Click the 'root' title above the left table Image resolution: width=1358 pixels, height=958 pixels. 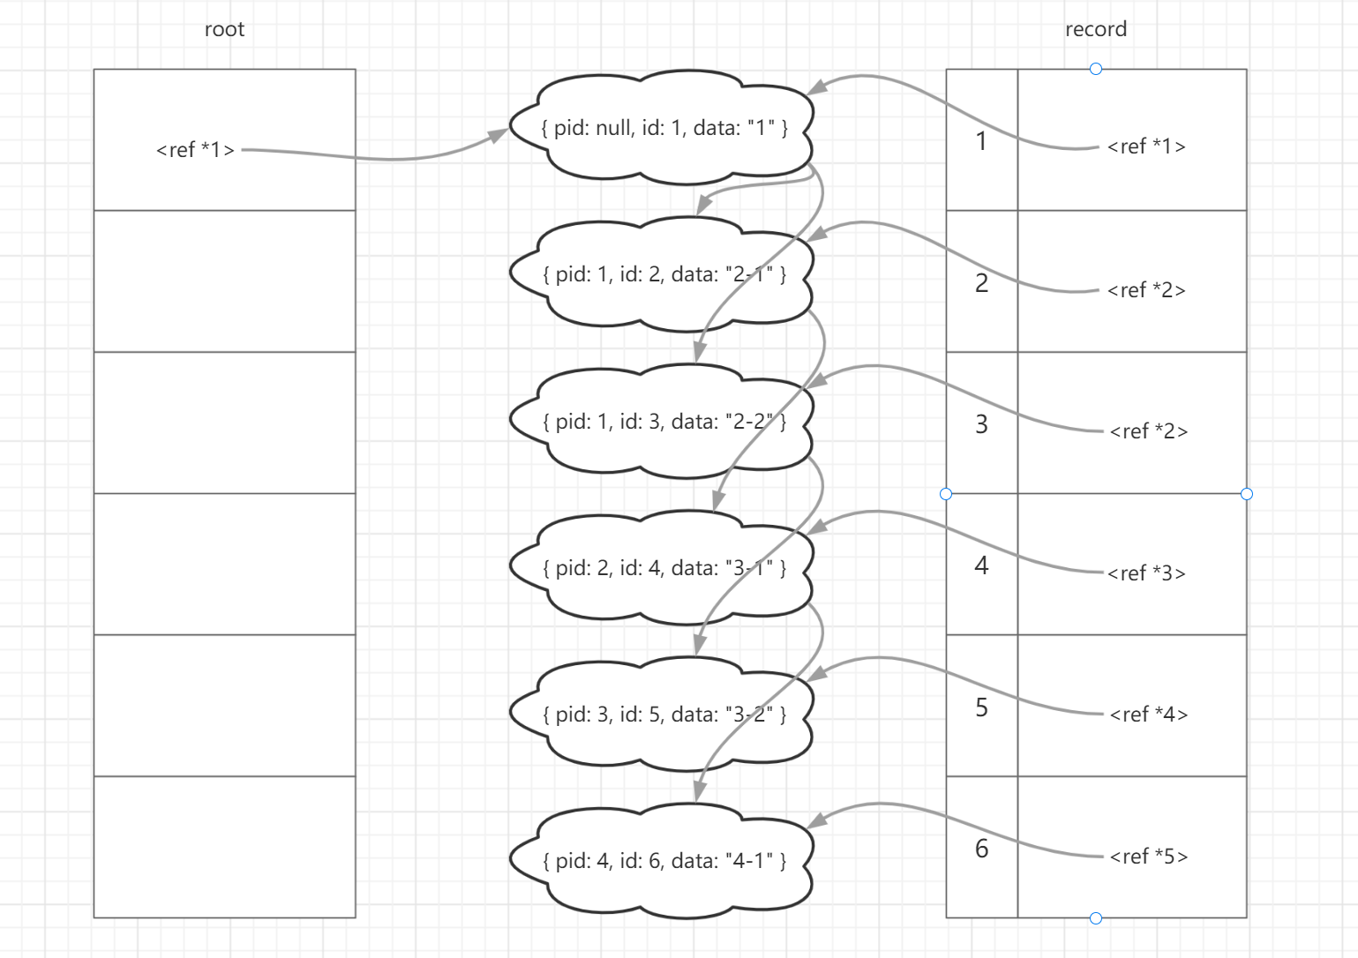[x=224, y=29]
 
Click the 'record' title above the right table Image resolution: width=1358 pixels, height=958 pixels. [x=1096, y=29]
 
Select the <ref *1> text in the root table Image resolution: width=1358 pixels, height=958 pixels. [x=195, y=150]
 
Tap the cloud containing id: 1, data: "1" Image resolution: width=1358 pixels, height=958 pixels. [x=662, y=127]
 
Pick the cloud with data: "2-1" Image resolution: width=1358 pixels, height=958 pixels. [x=662, y=274]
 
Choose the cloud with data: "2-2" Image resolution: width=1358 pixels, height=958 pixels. [x=662, y=422]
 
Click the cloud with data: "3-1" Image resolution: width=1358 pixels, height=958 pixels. [x=662, y=568]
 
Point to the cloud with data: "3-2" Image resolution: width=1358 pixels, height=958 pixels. [x=662, y=715]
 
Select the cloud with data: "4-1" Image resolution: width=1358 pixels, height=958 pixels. [x=662, y=861]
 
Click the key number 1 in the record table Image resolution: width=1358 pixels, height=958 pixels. [x=981, y=141]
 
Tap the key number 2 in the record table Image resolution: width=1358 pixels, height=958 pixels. [x=981, y=283]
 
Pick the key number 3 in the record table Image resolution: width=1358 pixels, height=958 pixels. [x=981, y=424]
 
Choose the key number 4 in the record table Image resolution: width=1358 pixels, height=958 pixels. [x=981, y=565]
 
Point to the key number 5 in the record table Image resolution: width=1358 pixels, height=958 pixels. [x=981, y=707]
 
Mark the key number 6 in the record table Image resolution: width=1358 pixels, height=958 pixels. [x=981, y=849]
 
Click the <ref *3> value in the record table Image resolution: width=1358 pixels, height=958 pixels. [x=1146, y=573]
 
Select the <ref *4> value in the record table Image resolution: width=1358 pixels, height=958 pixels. [x=1148, y=715]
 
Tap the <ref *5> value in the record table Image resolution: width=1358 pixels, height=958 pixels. [x=1148, y=857]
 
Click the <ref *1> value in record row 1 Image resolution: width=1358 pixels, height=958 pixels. [x=1146, y=146]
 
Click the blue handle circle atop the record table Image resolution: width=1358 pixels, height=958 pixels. [x=1096, y=69]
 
